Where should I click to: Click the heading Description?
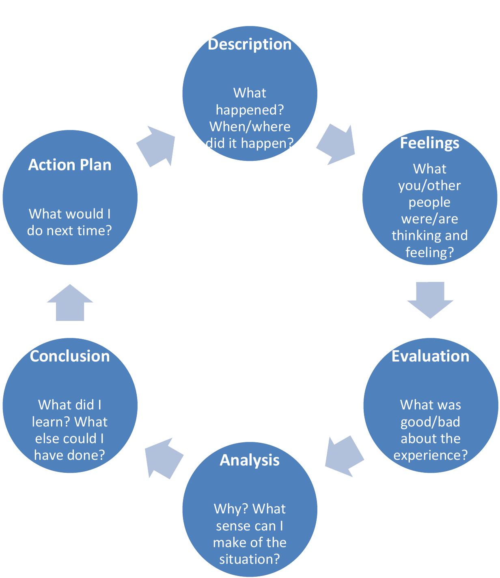(x=249, y=44)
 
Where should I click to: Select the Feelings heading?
(x=429, y=143)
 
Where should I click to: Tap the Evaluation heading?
(x=430, y=356)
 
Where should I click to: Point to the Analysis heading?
(x=250, y=460)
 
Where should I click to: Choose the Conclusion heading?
(x=70, y=356)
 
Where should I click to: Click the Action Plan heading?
(x=70, y=165)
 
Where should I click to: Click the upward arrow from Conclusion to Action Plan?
(x=70, y=303)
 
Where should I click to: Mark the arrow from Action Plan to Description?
(x=157, y=146)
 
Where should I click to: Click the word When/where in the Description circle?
(x=250, y=127)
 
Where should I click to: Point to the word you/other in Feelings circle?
(x=429, y=186)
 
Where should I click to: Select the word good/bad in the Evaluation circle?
(x=430, y=422)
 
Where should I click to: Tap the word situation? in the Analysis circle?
(x=250, y=559)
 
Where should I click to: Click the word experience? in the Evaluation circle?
(x=430, y=455)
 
